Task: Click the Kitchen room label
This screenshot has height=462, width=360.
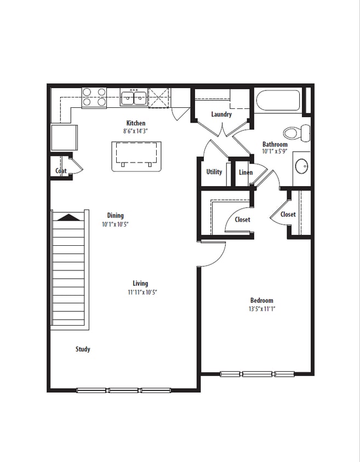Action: pos(135,123)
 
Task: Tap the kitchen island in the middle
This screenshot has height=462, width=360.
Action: pos(136,155)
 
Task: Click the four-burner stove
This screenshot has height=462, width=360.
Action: pos(94,97)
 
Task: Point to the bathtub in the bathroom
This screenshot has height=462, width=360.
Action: pos(277,101)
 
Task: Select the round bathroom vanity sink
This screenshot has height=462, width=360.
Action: pos(301,165)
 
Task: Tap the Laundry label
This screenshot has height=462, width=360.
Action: pos(221,114)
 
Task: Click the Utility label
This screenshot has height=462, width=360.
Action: pos(214,172)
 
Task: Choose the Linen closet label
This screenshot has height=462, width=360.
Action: pos(245,172)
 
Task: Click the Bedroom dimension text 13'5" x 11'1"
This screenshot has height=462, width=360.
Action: pos(261,309)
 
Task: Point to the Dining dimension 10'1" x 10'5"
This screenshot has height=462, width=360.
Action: pos(115,224)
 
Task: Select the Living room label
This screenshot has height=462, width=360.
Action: pos(140,284)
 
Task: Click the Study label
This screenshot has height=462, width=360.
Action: pos(83,349)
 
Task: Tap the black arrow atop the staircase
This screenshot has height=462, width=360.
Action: pos(69,217)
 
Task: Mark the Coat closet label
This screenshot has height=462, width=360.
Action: pos(60,171)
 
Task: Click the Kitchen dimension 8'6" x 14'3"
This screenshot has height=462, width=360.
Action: pos(135,131)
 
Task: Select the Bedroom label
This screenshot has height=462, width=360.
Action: pos(261,301)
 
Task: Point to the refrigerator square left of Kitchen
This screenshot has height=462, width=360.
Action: pos(64,137)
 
